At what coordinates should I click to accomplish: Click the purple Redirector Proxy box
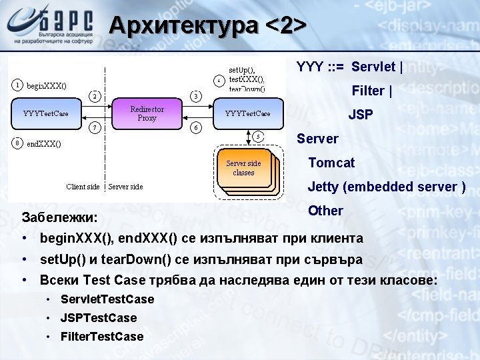click(147, 113)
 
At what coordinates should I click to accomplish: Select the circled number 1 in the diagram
click(17, 85)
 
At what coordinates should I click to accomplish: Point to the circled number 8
click(17, 143)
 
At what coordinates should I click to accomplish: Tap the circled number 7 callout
click(96, 127)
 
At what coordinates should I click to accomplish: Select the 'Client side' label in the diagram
click(83, 187)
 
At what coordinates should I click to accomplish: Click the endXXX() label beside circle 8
click(44, 143)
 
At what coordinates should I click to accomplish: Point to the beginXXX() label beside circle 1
click(46, 85)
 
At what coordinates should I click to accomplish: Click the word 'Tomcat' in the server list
click(331, 163)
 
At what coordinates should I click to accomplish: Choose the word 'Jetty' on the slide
click(323, 187)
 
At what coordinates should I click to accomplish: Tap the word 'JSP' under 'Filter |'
click(361, 115)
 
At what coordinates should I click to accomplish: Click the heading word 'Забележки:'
click(59, 217)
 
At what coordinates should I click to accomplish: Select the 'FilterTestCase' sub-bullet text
click(101, 337)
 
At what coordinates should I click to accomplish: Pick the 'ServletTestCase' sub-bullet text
click(107, 299)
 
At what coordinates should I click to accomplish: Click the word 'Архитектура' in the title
click(183, 25)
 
